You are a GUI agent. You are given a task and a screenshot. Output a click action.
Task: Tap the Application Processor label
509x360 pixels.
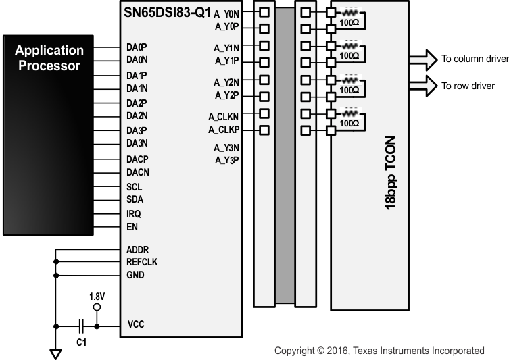[49, 58]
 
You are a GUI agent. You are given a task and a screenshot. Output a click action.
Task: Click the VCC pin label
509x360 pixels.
[136, 325]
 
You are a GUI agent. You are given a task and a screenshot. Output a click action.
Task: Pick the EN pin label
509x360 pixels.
[132, 227]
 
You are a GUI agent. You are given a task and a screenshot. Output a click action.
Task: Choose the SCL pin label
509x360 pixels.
[134, 186]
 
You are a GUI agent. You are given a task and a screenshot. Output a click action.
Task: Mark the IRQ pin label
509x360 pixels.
[133, 213]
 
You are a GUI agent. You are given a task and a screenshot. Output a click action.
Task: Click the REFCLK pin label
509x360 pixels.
[141, 262]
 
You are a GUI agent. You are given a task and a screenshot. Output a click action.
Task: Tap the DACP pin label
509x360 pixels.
[137, 158]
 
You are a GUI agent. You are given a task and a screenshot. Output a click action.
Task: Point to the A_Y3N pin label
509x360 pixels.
[227, 148]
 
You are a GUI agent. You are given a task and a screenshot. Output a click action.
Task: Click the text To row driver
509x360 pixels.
[468, 86]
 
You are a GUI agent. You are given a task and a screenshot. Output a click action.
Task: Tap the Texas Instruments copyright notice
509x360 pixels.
[379, 351]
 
